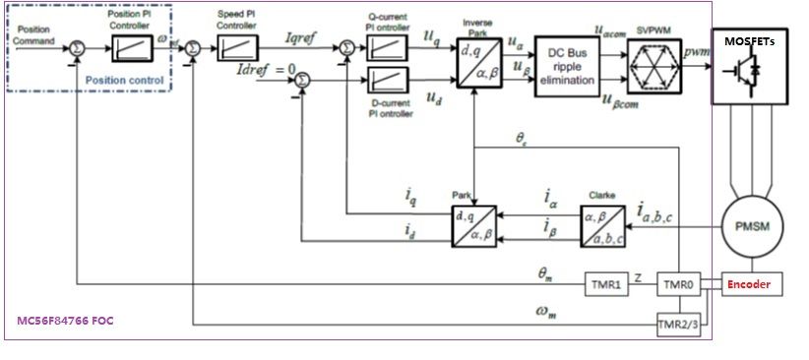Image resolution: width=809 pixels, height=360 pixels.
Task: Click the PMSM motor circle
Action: [753, 227]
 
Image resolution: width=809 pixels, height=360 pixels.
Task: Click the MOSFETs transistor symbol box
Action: [749, 72]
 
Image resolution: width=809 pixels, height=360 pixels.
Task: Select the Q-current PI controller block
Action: [386, 47]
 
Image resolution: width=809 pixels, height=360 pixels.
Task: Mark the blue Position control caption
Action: [122, 79]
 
